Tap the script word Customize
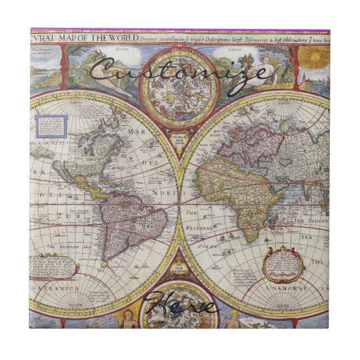coord(179,73)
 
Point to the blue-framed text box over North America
coord(51,126)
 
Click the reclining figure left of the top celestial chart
coord(112,75)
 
